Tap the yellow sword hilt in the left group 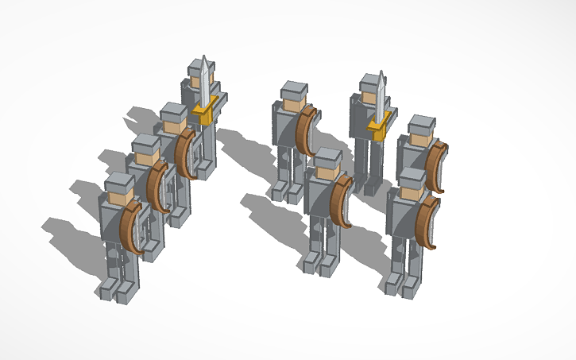206,115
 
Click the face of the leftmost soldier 120,192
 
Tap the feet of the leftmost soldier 118,291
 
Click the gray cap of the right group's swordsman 370,81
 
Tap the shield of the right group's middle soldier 342,202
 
